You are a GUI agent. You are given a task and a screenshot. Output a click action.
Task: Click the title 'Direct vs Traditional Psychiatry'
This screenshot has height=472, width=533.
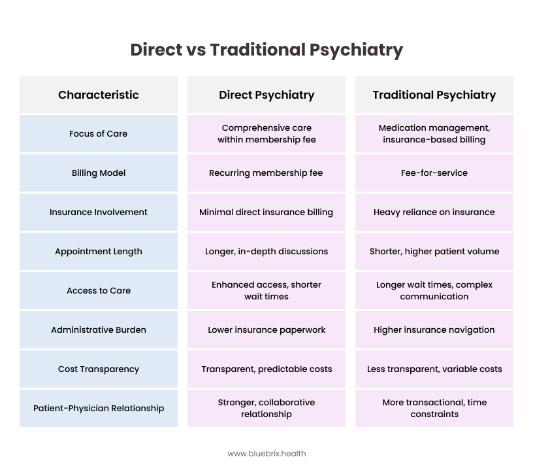click(x=266, y=50)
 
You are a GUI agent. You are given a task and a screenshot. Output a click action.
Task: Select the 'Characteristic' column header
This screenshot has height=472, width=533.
click(x=99, y=95)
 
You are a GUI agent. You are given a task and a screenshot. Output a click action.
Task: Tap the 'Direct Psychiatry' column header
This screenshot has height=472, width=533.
click(x=266, y=95)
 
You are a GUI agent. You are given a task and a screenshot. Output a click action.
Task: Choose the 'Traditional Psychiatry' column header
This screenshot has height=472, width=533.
click(x=434, y=95)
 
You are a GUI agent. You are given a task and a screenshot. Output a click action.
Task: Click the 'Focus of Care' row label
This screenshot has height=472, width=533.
click(x=98, y=134)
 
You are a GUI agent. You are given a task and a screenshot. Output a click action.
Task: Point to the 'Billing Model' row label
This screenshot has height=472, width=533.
click(x=99, y=173)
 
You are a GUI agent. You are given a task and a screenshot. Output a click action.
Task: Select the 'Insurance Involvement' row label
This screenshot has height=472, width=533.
click(x=99, y=212)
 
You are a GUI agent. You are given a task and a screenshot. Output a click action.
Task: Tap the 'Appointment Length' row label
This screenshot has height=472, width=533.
click(x=99, y=252)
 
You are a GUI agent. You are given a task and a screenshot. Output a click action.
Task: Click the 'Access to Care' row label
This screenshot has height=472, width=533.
click(x=99, y=291)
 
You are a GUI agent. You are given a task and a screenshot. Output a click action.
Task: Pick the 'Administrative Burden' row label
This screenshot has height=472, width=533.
click(x=99, y=329)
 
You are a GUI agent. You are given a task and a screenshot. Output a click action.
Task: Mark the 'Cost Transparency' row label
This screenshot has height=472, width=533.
click(x=99, y=369)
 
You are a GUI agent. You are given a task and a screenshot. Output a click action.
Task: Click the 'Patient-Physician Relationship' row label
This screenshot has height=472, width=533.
click(x=99, y=409)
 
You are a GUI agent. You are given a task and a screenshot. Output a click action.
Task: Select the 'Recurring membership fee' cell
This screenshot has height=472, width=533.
click(x=266, y=173)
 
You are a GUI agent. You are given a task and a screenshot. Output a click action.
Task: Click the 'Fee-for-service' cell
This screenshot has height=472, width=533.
click(x=434, y=173)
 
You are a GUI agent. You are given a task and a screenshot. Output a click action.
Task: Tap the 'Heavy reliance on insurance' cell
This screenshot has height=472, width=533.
click(x=434, y=212)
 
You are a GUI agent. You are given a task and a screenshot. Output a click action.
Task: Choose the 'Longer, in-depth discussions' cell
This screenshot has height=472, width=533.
click(x=266, y=252)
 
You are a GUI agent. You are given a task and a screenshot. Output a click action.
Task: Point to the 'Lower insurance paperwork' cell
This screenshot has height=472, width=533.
click(x=266, y=330)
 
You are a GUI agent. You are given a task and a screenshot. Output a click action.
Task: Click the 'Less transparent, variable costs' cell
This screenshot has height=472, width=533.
click(x=434, y=369)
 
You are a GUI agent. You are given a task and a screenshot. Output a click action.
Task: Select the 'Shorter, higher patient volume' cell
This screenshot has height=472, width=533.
click(x=434, y=252)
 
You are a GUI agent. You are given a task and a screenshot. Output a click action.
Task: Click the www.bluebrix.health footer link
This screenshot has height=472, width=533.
click(x=266, y=454)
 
